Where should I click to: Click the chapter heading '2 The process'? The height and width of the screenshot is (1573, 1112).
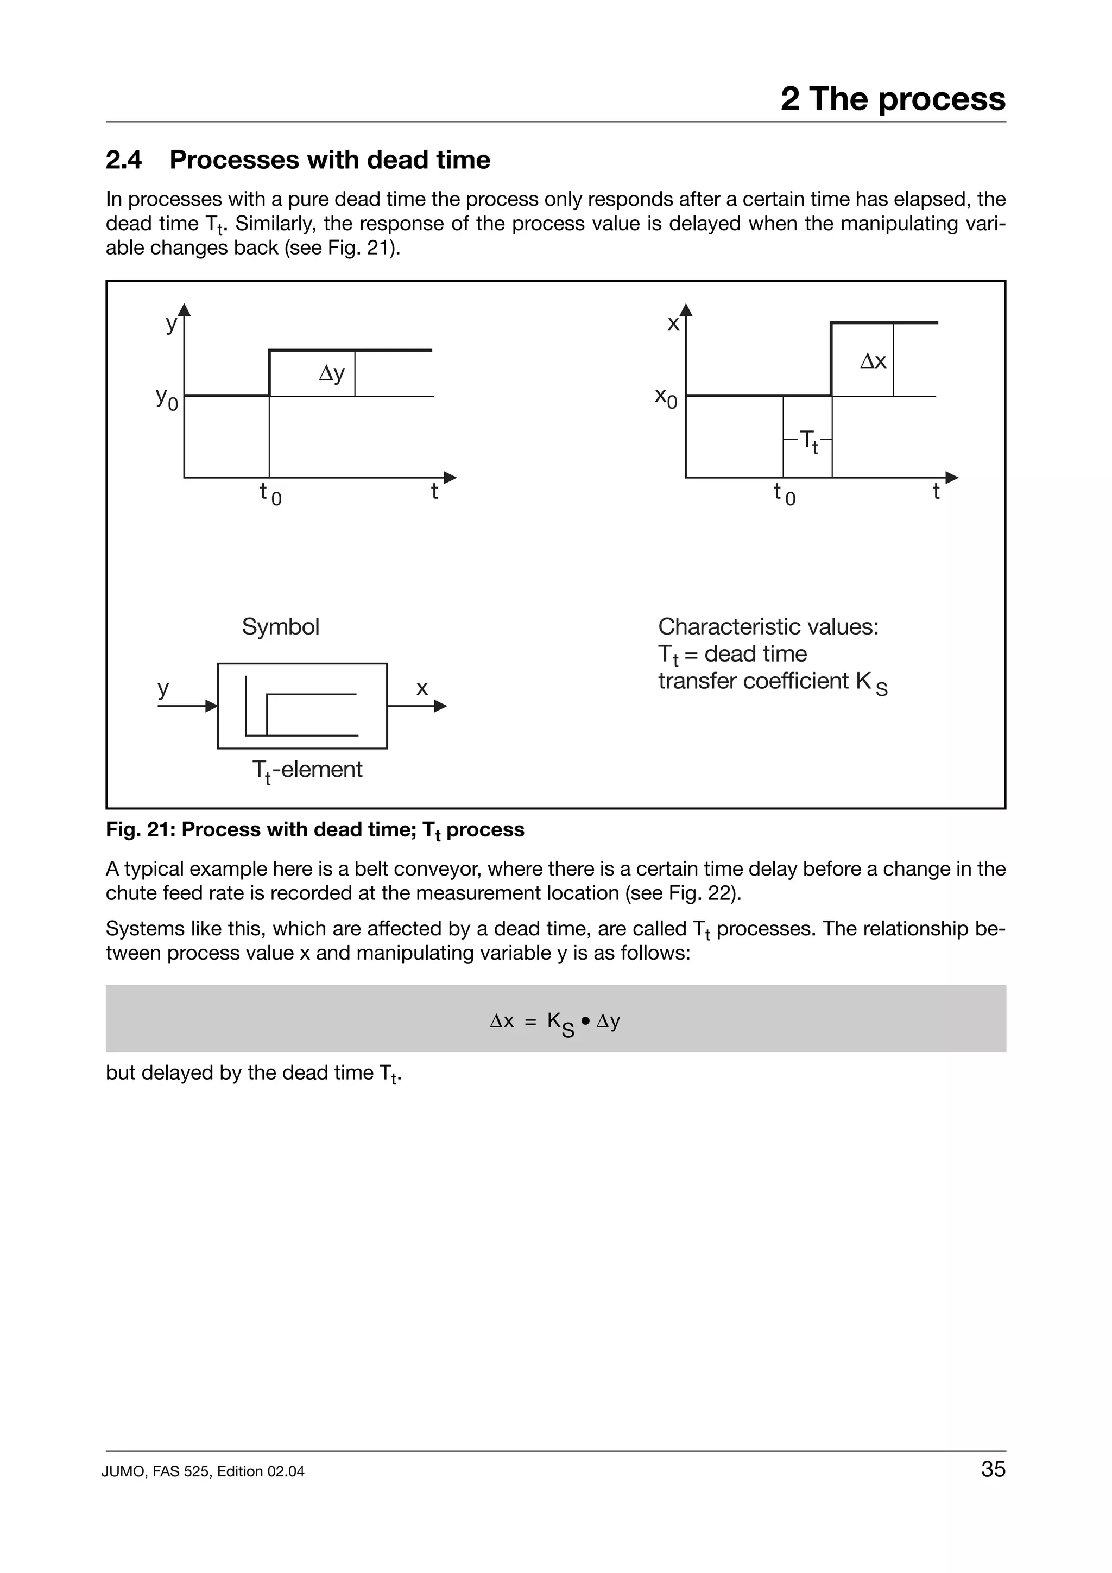[892, 99]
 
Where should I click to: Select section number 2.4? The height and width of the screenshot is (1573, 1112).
[124, 160]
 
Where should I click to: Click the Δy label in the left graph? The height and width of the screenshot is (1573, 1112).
[332, 373]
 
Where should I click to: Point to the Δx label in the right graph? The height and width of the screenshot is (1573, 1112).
[873, 361]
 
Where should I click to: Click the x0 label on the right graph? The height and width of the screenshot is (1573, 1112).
[665, 397]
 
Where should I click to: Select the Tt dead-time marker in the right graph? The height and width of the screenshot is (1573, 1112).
[808, 440]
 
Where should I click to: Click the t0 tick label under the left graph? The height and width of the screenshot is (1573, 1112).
[270, 493]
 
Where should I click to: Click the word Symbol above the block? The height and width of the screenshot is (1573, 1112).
[280, 626]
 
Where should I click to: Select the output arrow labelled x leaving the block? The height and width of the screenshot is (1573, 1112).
[416, 706]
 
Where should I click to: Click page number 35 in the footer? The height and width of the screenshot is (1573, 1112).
[993, 1487]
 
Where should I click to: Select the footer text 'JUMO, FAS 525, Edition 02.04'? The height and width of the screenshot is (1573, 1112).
[203, 1490]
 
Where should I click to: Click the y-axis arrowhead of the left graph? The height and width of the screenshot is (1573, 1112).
[184, 310]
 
